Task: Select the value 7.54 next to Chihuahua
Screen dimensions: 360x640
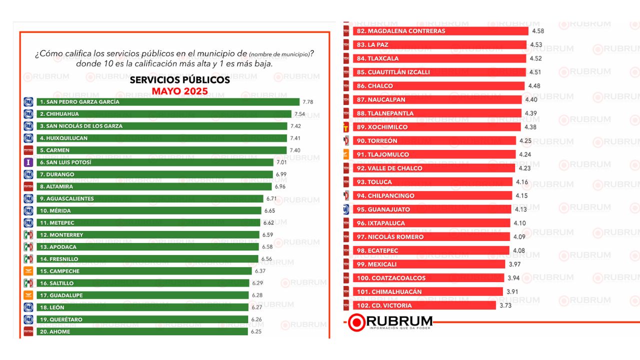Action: click(299, 114)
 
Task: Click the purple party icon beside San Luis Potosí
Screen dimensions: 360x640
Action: click(28, 162)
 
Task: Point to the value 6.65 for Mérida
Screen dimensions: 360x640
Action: click(269, 211)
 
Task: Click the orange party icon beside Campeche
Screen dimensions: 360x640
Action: click(28, 271)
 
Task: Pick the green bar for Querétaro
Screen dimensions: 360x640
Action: click(142, 319)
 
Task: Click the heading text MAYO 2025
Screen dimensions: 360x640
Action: click(180, 91)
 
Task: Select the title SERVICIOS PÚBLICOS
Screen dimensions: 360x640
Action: click(180, 80)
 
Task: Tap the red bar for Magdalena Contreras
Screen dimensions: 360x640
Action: click(440, 31)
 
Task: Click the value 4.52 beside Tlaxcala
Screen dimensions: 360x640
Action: click(535, 58)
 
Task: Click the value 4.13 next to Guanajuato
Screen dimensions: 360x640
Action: click(520, 209)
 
